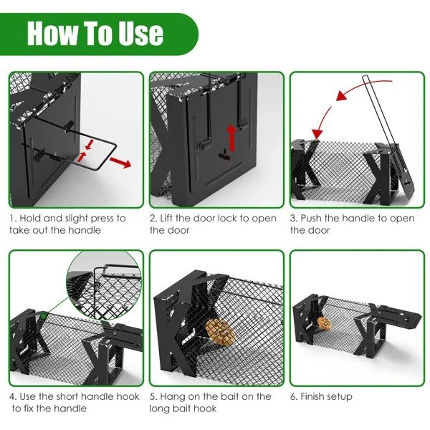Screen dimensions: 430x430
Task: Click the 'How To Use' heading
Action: [95, 34]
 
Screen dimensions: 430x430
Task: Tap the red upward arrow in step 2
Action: [231, 134]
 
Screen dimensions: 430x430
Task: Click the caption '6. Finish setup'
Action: [321, 396]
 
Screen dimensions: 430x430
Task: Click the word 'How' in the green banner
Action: [57, 34]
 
